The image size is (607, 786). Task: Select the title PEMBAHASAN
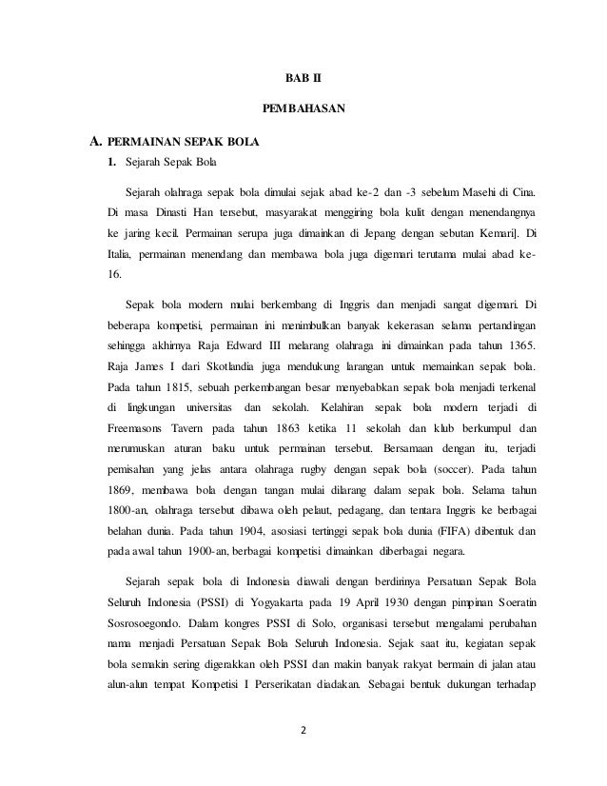point(303,109)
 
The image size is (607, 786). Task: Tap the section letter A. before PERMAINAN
point(95,145)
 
